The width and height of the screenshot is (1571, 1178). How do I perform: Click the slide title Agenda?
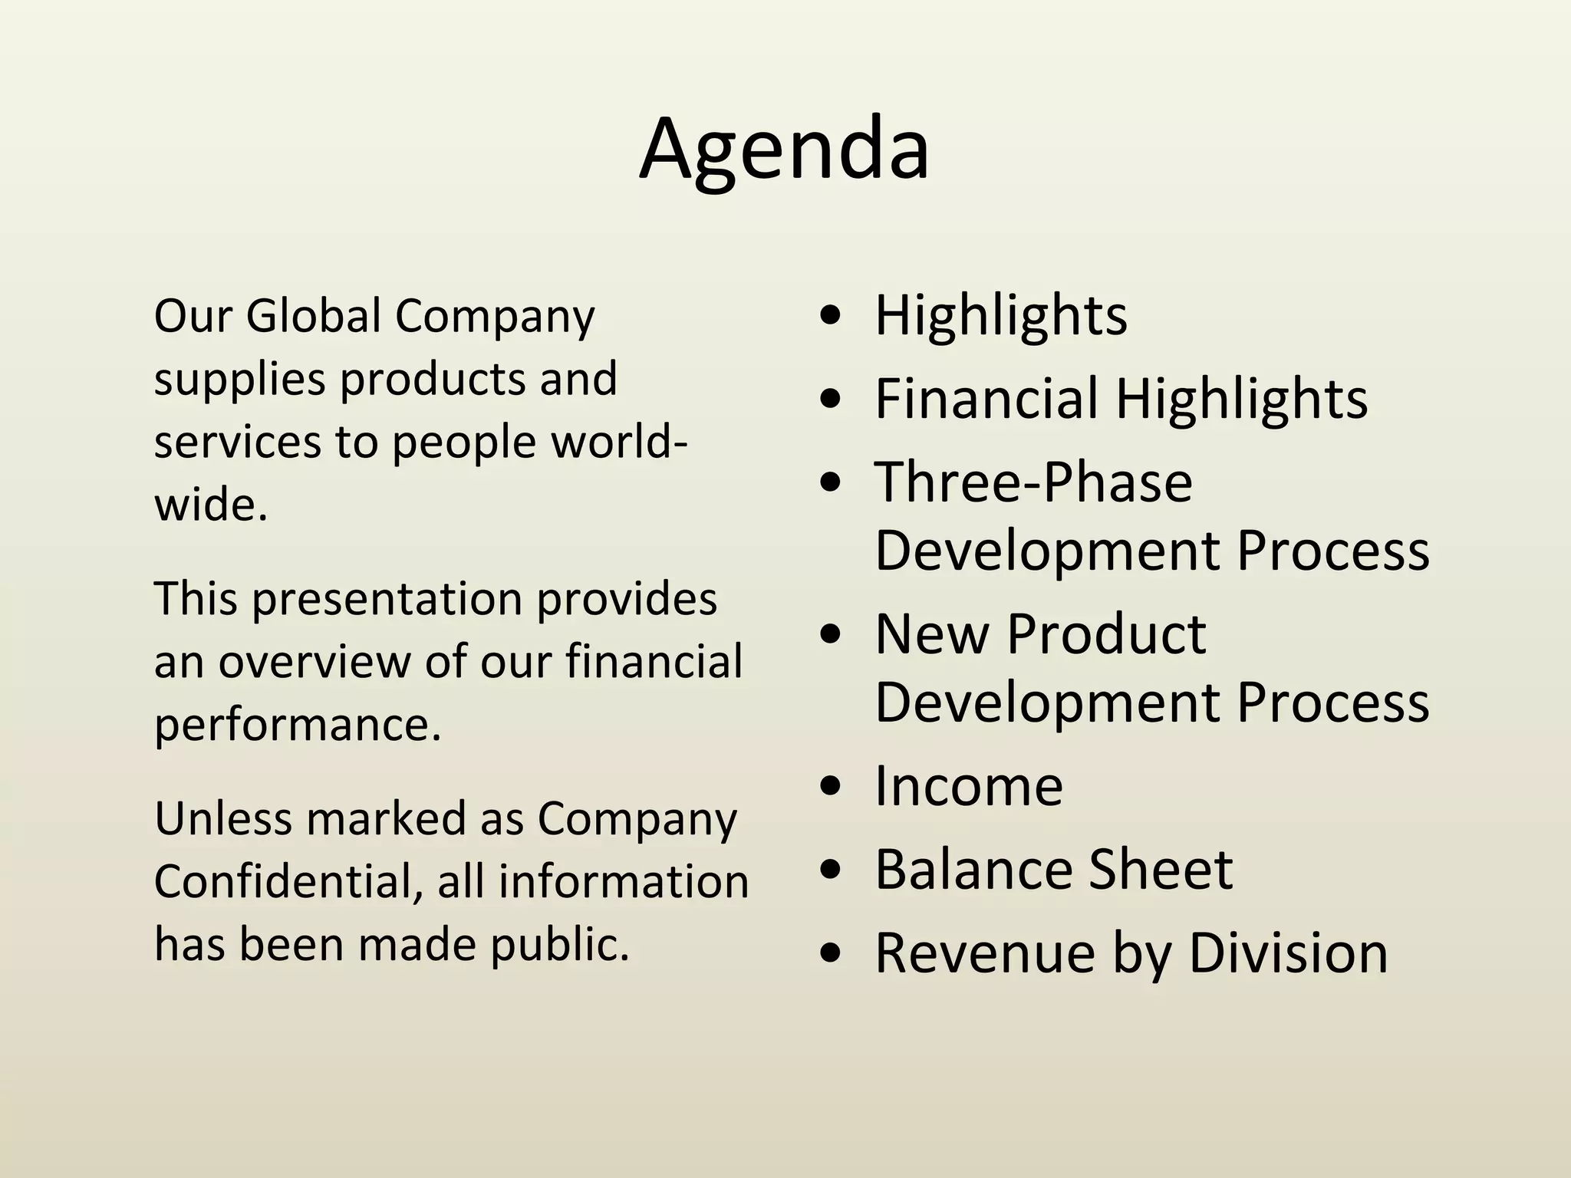click(784, 150)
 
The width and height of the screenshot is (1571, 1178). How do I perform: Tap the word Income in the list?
click(968, 786)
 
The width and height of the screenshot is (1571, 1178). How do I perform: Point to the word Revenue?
click(984, 953)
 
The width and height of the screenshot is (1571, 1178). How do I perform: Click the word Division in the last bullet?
click(1288, 953)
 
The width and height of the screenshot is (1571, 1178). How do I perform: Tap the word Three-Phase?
click(1033, 482)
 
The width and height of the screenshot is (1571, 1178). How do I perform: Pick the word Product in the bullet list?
click(1106, 634)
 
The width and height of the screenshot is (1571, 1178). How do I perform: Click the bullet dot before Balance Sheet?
click(831, 871)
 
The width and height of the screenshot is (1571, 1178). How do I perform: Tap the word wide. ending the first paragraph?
click(211, 505)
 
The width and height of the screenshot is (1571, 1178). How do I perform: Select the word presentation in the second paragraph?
click(387, 598)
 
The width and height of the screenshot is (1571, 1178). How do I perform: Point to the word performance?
click(298, 724)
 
